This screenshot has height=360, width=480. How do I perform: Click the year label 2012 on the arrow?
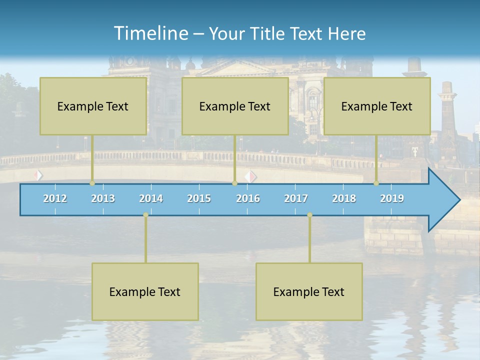(x=55, y=198)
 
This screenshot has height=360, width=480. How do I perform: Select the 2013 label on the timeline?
(x=103, y=198)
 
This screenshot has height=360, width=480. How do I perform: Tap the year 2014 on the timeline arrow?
(x=151, y=198)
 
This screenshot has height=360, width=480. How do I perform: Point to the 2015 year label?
(x=199, y=198)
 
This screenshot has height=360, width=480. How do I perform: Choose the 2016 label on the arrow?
(x=248, y=198)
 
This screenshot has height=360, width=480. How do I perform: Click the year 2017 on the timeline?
(x=296, y=198)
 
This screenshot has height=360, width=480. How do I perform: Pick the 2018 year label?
(x=344, y=198)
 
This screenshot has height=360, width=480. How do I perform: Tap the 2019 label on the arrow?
(x=392, y=198)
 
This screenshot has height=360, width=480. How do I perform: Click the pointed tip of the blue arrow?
(x=458, y=200)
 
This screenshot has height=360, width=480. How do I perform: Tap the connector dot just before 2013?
(x=92, y=183)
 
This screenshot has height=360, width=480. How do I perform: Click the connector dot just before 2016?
(x=234, y=183)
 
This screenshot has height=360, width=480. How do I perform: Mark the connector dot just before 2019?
(x=376, y=183)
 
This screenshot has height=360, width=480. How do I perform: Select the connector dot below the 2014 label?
(x=145, y=215)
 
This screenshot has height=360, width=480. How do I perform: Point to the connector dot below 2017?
(x=309, y=215)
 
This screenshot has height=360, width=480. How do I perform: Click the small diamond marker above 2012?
(x=38, y=175)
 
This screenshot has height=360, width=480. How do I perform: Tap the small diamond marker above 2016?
(x=250, y=176)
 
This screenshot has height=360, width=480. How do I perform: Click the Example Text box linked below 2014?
(x=145, y=291)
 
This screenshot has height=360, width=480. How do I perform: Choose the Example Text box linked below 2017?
(x=309, y=291)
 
